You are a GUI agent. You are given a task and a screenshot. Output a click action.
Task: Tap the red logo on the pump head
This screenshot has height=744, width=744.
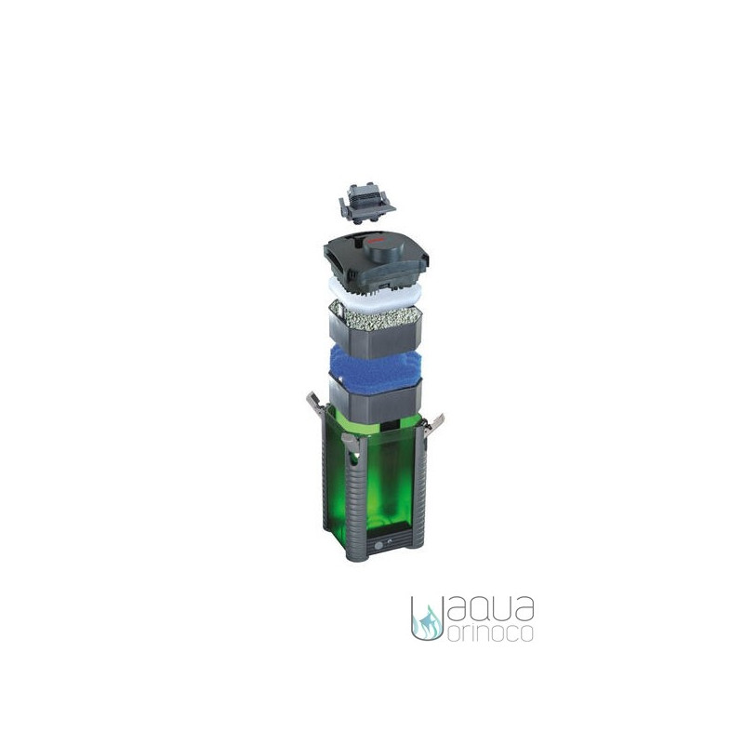375,240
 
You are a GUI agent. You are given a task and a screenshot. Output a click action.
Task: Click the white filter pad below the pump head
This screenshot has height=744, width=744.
375,291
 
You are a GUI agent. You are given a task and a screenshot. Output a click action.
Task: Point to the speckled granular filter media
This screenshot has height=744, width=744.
375,315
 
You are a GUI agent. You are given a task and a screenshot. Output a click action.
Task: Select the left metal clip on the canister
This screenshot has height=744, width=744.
314,404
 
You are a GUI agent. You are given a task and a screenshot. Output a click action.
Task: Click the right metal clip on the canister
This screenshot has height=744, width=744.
433,425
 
